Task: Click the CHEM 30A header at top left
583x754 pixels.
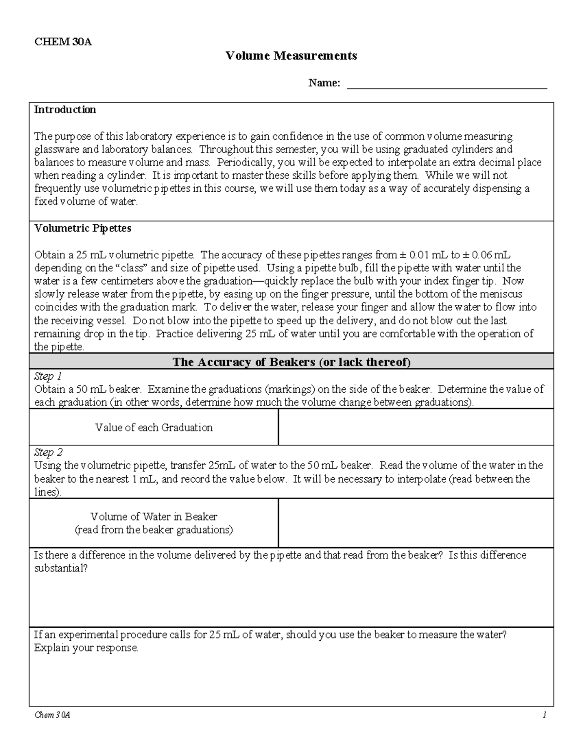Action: point(63,42)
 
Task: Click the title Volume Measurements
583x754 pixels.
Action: point(291,56)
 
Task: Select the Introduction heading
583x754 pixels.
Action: point(65,110)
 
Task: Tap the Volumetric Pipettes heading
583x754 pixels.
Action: point(83,228)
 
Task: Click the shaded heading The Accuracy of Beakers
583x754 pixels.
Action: point(291,362)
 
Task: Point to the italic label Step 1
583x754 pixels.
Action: point(48,376)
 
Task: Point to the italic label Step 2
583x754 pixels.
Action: point(48,452)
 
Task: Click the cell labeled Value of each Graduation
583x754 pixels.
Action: point(154,428)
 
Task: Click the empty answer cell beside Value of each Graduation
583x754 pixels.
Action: point(416,427)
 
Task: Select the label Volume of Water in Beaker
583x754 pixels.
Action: point(154,517)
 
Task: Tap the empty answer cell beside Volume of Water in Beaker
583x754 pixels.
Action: point(416,523)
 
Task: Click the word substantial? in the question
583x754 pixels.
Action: point(61,569)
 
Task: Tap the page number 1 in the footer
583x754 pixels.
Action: point(545,715)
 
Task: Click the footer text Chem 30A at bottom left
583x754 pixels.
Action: point(52,715)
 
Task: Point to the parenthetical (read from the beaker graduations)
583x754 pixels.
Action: point(154,530)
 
